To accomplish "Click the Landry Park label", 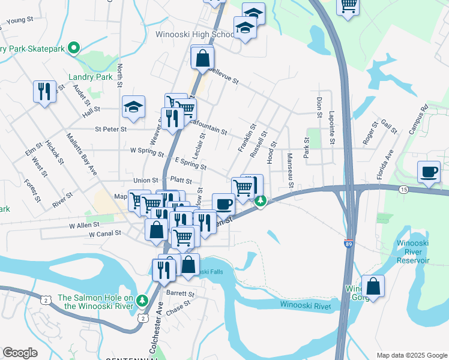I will click(91, 77).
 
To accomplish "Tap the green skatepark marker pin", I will click(74, 47).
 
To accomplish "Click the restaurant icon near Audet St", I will click(44, 92).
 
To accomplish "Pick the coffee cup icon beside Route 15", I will click(429, 172).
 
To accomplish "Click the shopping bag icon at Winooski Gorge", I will click(373, 287).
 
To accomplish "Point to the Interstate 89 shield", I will click(349, 244).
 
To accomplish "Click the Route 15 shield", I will click(402, 189).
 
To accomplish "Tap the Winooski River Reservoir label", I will click(413, 252).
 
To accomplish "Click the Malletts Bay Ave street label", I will click(82, 154).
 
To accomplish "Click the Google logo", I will click(20, 352).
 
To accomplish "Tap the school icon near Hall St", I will click(133, 107).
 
